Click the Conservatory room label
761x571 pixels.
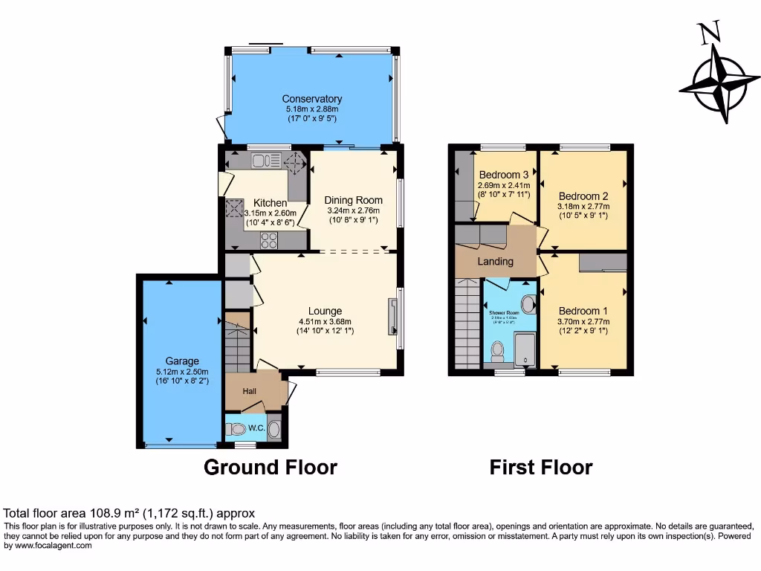(x=311, y=99)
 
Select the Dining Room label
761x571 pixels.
(x=353, y=200)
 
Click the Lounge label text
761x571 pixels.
(x=326, y=311)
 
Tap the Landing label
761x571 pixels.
(x=495, y=262)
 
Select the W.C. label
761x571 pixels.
(x=256, y=428)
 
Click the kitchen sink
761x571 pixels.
(x=265, y=161)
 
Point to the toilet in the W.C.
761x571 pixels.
(x=237, y=429)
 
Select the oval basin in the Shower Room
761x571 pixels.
(x=528, y=303)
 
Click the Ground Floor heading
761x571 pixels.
(x=271, y=468)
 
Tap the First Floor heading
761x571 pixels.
(x=540, y=468)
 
